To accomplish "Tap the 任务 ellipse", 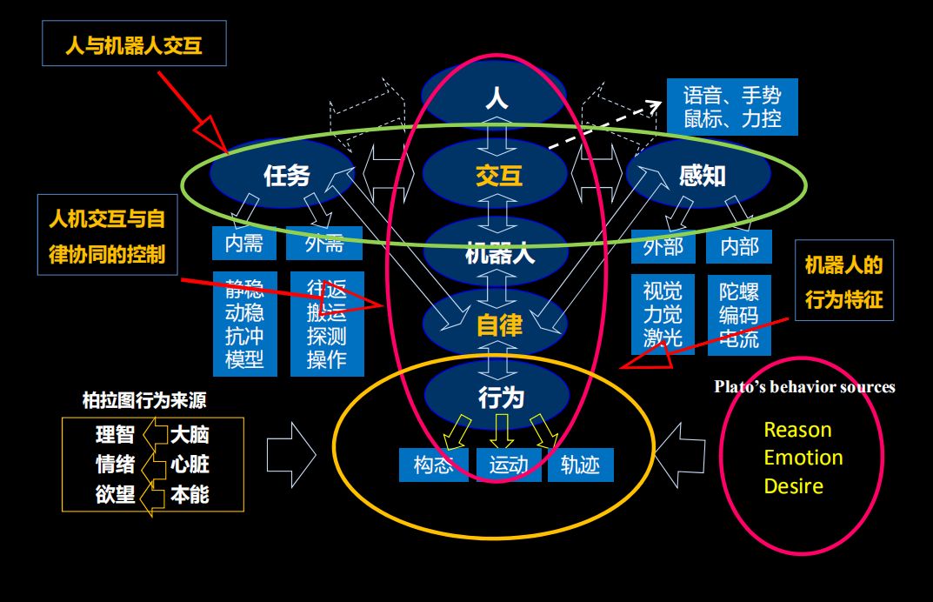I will [286, 176].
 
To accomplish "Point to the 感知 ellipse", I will [702, 176].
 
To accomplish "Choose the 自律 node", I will [499, 325].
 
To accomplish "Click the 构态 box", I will [434, 465].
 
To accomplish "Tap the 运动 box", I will [509, 465].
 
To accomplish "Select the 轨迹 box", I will [580, 465].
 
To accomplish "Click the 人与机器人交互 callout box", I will [134, 44].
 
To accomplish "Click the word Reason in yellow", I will [797, 430].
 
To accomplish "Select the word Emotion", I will [803, 458].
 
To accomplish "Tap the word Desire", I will [794, 486].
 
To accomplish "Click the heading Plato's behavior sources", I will [804, 387].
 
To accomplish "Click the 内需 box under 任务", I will [243, 244].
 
